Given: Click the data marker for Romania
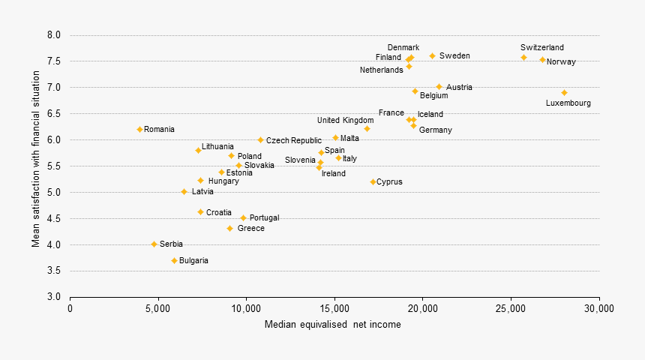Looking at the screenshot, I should tap(139, 129).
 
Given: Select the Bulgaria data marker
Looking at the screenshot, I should tap(174, 260).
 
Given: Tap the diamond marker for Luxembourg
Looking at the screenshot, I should tap(564, 93).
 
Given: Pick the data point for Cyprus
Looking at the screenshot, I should tap(373, 181).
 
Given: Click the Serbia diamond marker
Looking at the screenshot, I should tap(154, 244).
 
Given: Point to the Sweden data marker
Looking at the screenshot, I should tap(432, 55).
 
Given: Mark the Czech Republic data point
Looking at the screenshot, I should tap(260, 139).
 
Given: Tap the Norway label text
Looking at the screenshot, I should tap(561, 61).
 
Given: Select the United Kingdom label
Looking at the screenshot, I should tap(345, 120).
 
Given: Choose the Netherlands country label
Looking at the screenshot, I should tap(381, 70).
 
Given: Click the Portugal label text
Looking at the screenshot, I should tap(264, 217).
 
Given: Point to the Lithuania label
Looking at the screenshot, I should tap(217, 146).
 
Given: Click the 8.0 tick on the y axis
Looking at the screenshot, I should tap(53, 35).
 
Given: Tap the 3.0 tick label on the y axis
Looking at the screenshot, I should tap(53, 297).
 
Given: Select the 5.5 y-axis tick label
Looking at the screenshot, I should tap(53, 166).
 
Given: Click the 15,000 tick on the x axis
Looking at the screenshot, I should tap(334, 308).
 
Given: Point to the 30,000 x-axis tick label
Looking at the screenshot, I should tap(598, 308).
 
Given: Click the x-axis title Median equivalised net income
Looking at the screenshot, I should tap(332, 325).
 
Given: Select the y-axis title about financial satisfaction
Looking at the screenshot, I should tap(35, 166).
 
